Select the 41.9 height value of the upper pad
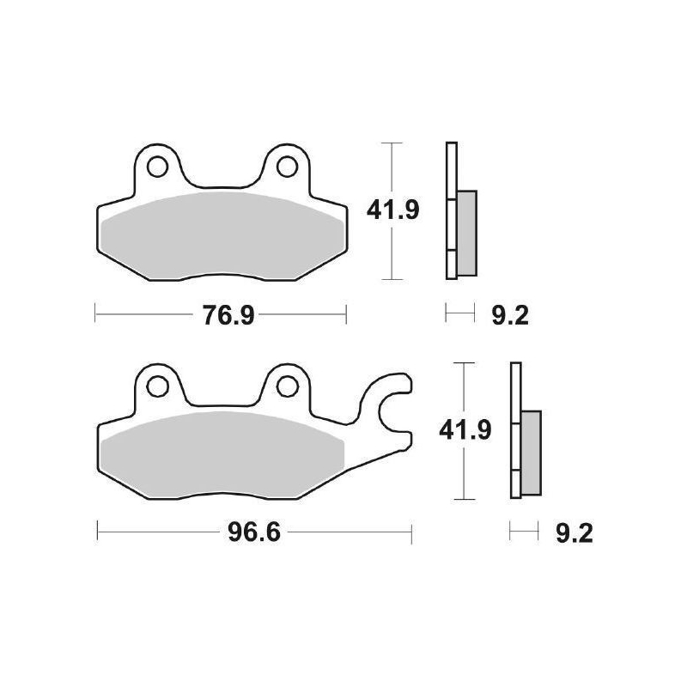point(392,210)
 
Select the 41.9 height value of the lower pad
point(464,429)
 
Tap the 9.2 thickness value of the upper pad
point(510,315)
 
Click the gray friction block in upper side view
point(466,232)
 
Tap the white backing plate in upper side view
point(450,172)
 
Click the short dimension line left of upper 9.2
point(459,314)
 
